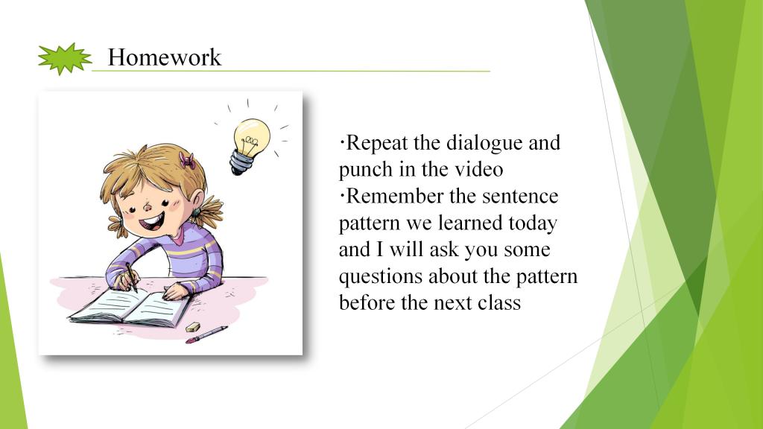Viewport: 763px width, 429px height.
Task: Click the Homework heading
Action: [165, 57]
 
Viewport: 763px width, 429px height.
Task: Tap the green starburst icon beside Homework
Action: [65, 59]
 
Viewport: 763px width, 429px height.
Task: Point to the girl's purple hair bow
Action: [187, 161]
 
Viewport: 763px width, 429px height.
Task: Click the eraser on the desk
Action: [193, 327]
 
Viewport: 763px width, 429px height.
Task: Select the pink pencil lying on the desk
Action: [206, 334]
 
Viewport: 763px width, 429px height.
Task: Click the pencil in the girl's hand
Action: [131, 277]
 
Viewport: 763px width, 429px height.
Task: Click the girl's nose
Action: [148, 207]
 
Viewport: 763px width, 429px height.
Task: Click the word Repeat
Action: [376, 144]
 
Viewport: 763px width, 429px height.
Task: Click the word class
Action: [499, 302]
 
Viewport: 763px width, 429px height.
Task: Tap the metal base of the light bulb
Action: [241, 163]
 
